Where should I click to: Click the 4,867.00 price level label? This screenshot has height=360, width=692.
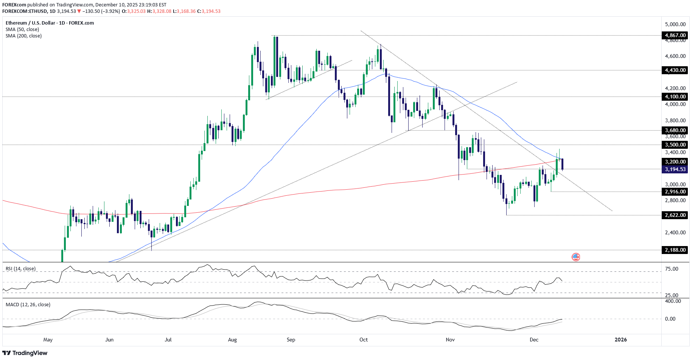[675, 35]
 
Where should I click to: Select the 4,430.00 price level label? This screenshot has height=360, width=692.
[675, 70]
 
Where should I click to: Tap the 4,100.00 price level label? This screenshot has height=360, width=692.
[675, 97]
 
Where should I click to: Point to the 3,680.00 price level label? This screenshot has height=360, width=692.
[675, 130]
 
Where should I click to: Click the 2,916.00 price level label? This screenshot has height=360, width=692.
[675, 192]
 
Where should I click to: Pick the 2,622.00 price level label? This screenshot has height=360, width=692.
[675, 215]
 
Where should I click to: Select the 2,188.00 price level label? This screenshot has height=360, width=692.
[675, 250]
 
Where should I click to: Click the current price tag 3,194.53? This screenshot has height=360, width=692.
[675, 169]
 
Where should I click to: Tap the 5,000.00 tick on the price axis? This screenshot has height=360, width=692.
[675, 24]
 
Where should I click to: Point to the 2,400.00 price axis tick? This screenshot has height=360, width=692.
[675, 232]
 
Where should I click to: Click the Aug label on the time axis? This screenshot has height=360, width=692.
[232, 340]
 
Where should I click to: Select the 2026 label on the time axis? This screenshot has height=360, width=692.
[620, 340]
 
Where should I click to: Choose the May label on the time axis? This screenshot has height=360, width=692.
[48, 340]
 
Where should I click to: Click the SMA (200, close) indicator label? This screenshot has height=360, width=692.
[23, 36]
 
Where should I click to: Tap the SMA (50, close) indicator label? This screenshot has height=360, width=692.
[22, 30]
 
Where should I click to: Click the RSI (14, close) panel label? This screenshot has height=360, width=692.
[20, 269]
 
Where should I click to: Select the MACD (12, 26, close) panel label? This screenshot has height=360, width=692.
[28, 305]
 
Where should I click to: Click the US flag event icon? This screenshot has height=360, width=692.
[575, 257]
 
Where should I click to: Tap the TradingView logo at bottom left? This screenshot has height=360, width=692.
[25, 353]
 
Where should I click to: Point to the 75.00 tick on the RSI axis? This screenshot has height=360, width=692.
[672, 269]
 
